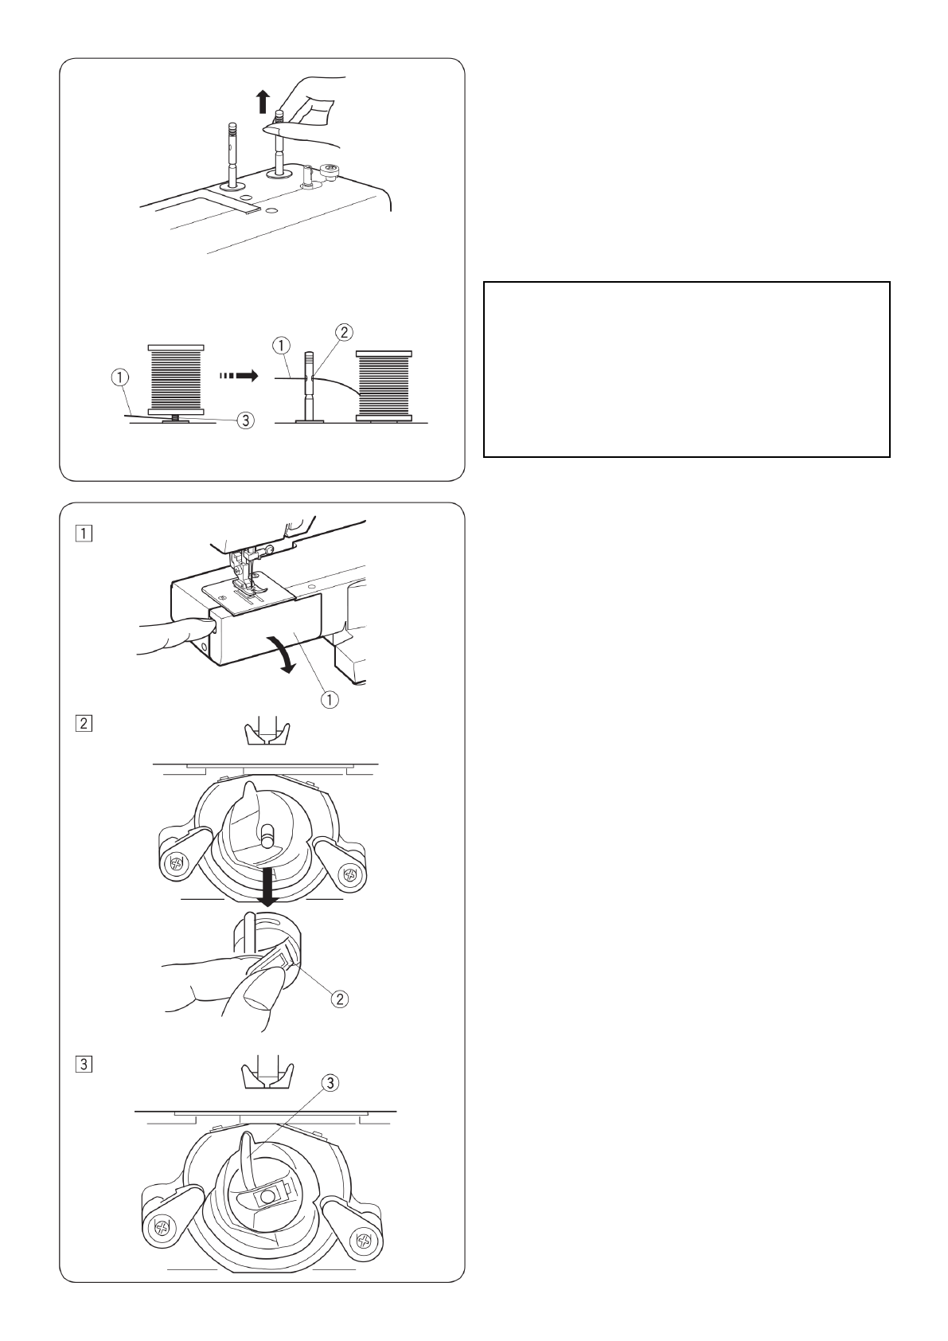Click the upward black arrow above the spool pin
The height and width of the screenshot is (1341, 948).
pos(262,101)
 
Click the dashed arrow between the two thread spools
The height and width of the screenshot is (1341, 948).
pos(238,376)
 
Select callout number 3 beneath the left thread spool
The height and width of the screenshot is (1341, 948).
pos(245,420)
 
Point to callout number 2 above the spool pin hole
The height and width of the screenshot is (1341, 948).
pos(344,331)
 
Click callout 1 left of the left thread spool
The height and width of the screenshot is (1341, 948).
pos(120,377)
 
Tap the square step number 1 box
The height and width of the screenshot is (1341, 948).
pos(84,534)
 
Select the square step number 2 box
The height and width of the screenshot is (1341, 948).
pos(84,723)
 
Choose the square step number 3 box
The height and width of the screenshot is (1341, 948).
pos(84,1065)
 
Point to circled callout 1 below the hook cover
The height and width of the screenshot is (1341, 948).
pos(330,698)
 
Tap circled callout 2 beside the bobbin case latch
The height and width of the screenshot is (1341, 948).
pos(339,999)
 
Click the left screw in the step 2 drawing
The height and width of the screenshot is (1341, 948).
pos(176,863)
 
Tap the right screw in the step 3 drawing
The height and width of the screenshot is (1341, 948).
pos(364,1241)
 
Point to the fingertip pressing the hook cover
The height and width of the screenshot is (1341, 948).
pos(206,627)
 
